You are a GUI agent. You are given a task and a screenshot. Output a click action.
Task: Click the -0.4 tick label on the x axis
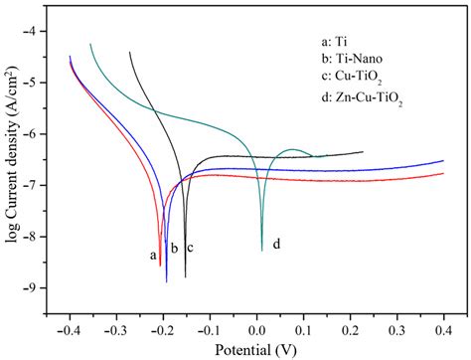[70, 324]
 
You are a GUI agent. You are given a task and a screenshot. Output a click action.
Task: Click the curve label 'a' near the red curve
[153, 256]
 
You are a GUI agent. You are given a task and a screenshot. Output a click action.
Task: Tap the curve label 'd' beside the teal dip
[276, 244]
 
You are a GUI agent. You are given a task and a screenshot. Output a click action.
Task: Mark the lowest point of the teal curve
[262, 251]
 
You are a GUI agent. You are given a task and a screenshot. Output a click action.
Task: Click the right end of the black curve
[363, 152]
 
